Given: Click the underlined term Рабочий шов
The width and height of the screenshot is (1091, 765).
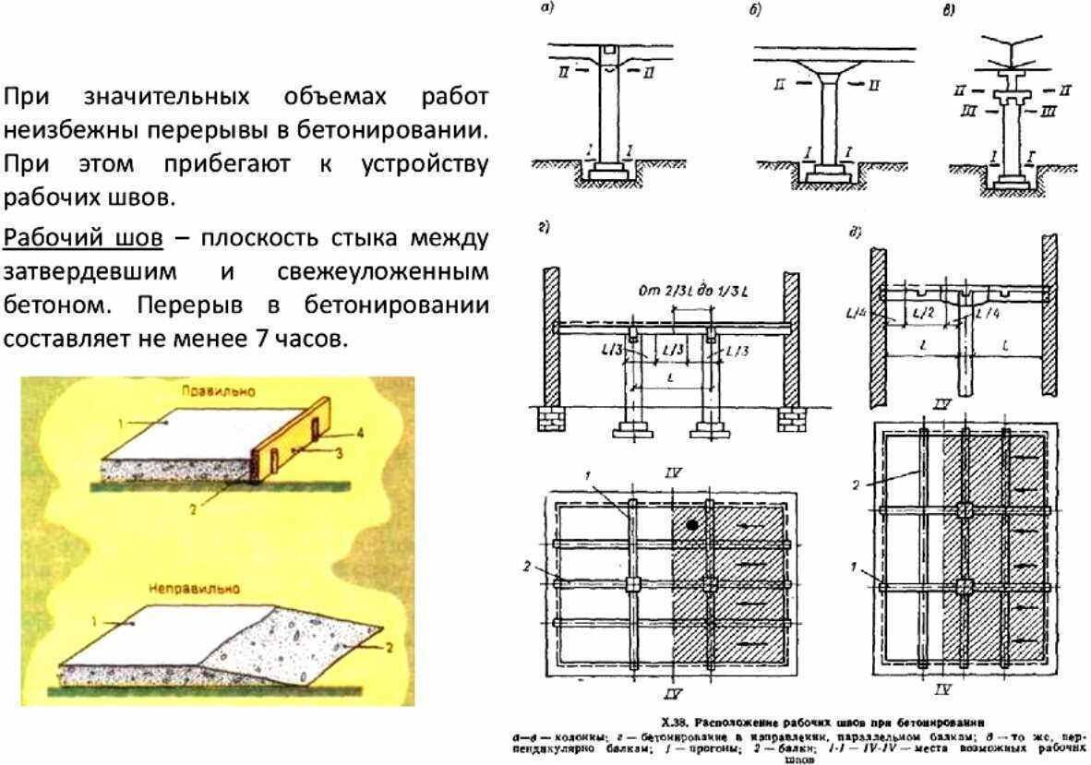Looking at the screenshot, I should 83,237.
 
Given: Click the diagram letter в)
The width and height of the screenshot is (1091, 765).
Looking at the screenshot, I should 949,11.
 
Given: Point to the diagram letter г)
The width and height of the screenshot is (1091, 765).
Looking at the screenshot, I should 545,227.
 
